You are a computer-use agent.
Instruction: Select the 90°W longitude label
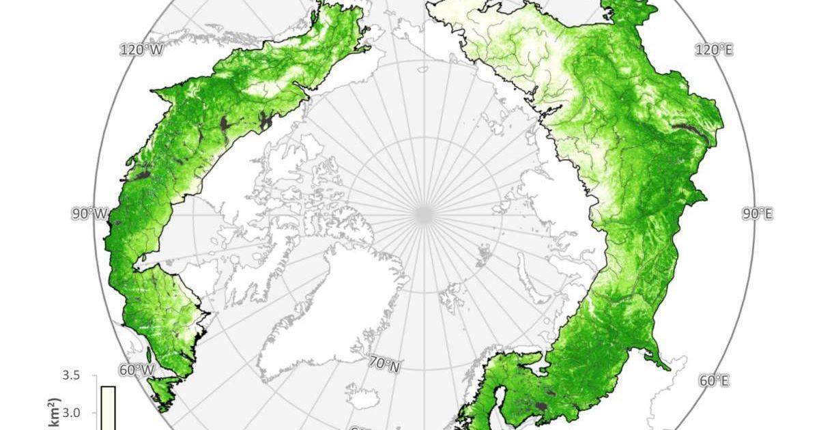click(89, 214)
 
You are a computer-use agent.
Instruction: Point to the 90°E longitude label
click(757, 214)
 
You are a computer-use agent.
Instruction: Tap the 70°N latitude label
click(386, 365)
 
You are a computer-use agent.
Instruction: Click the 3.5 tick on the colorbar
click(71, 376)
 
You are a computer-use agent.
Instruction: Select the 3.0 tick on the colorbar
click(71, 412)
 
